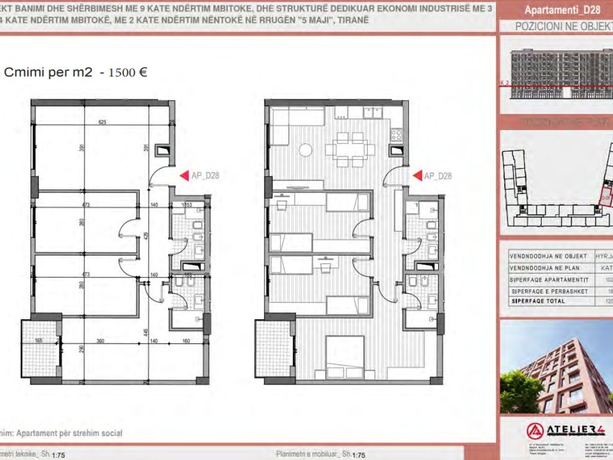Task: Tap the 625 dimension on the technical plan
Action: [102, 122]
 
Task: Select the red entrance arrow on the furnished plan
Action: [416, 176]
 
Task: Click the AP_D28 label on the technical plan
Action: [205, 176]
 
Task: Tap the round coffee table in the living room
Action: [306, 149]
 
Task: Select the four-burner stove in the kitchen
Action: [397, 135]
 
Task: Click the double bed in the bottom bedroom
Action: [345, 356]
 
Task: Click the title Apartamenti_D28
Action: [554, 10]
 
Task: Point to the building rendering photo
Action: [556, 365]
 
